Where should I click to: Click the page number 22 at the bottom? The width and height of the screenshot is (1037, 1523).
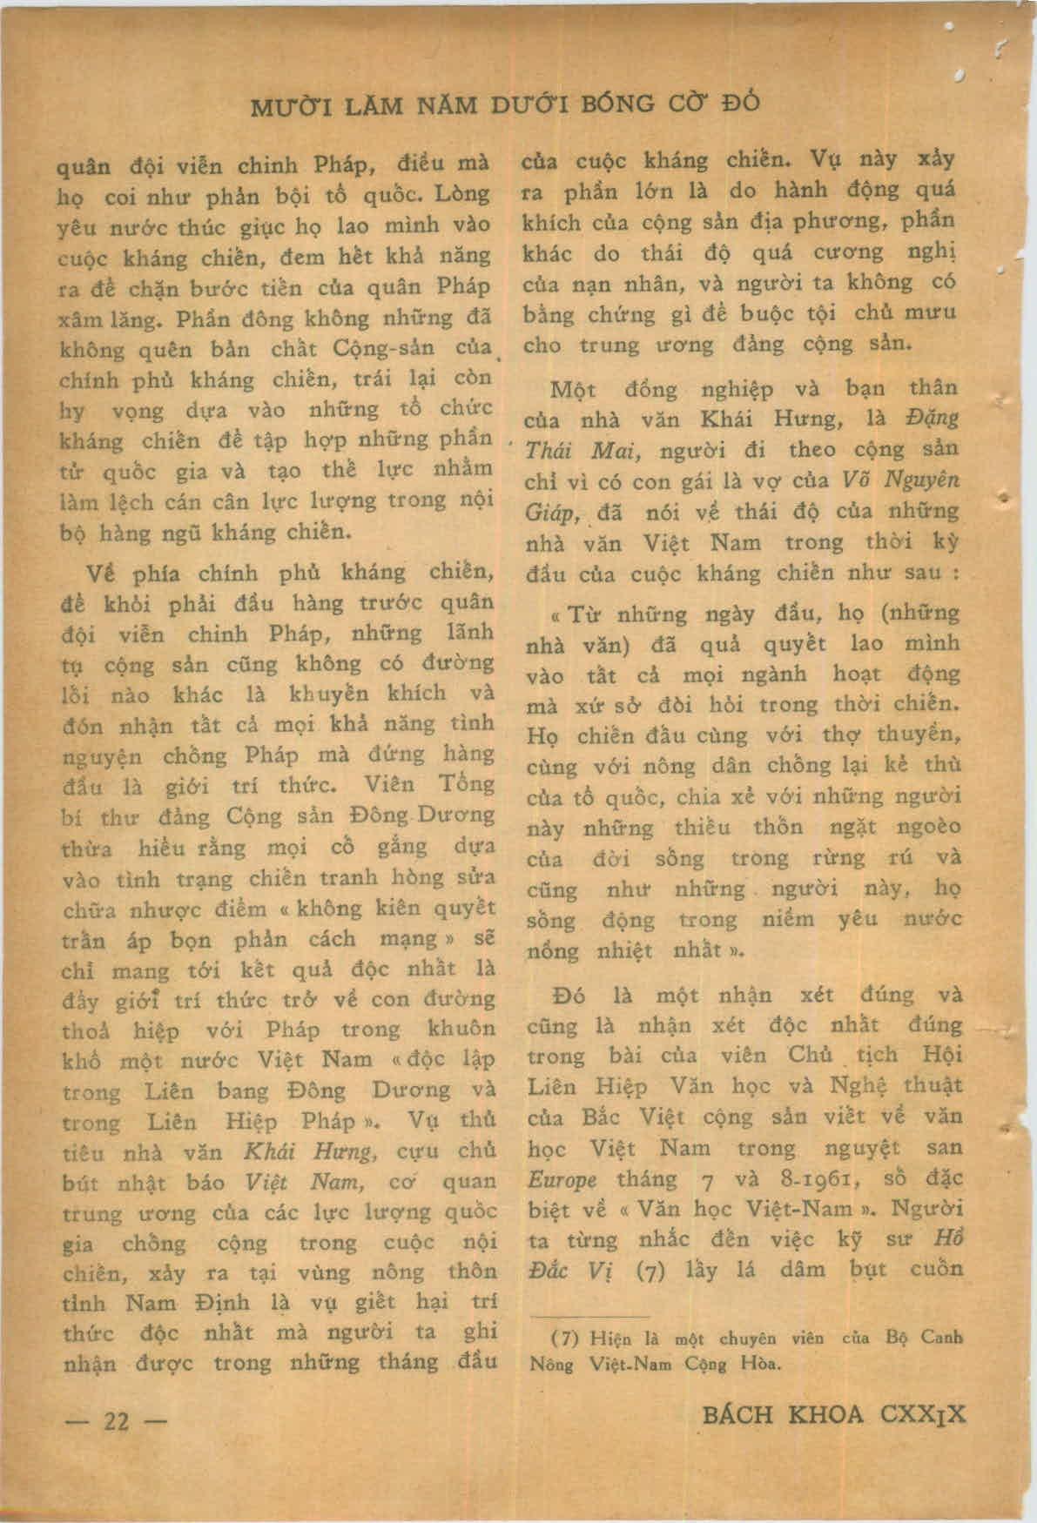coord(117,1421)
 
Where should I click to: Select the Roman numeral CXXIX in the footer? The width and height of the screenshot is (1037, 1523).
coord(923,1414)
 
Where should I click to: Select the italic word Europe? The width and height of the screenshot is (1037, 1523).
coord(562,1180)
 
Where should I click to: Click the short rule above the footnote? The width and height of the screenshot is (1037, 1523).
coord(590,1318)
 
